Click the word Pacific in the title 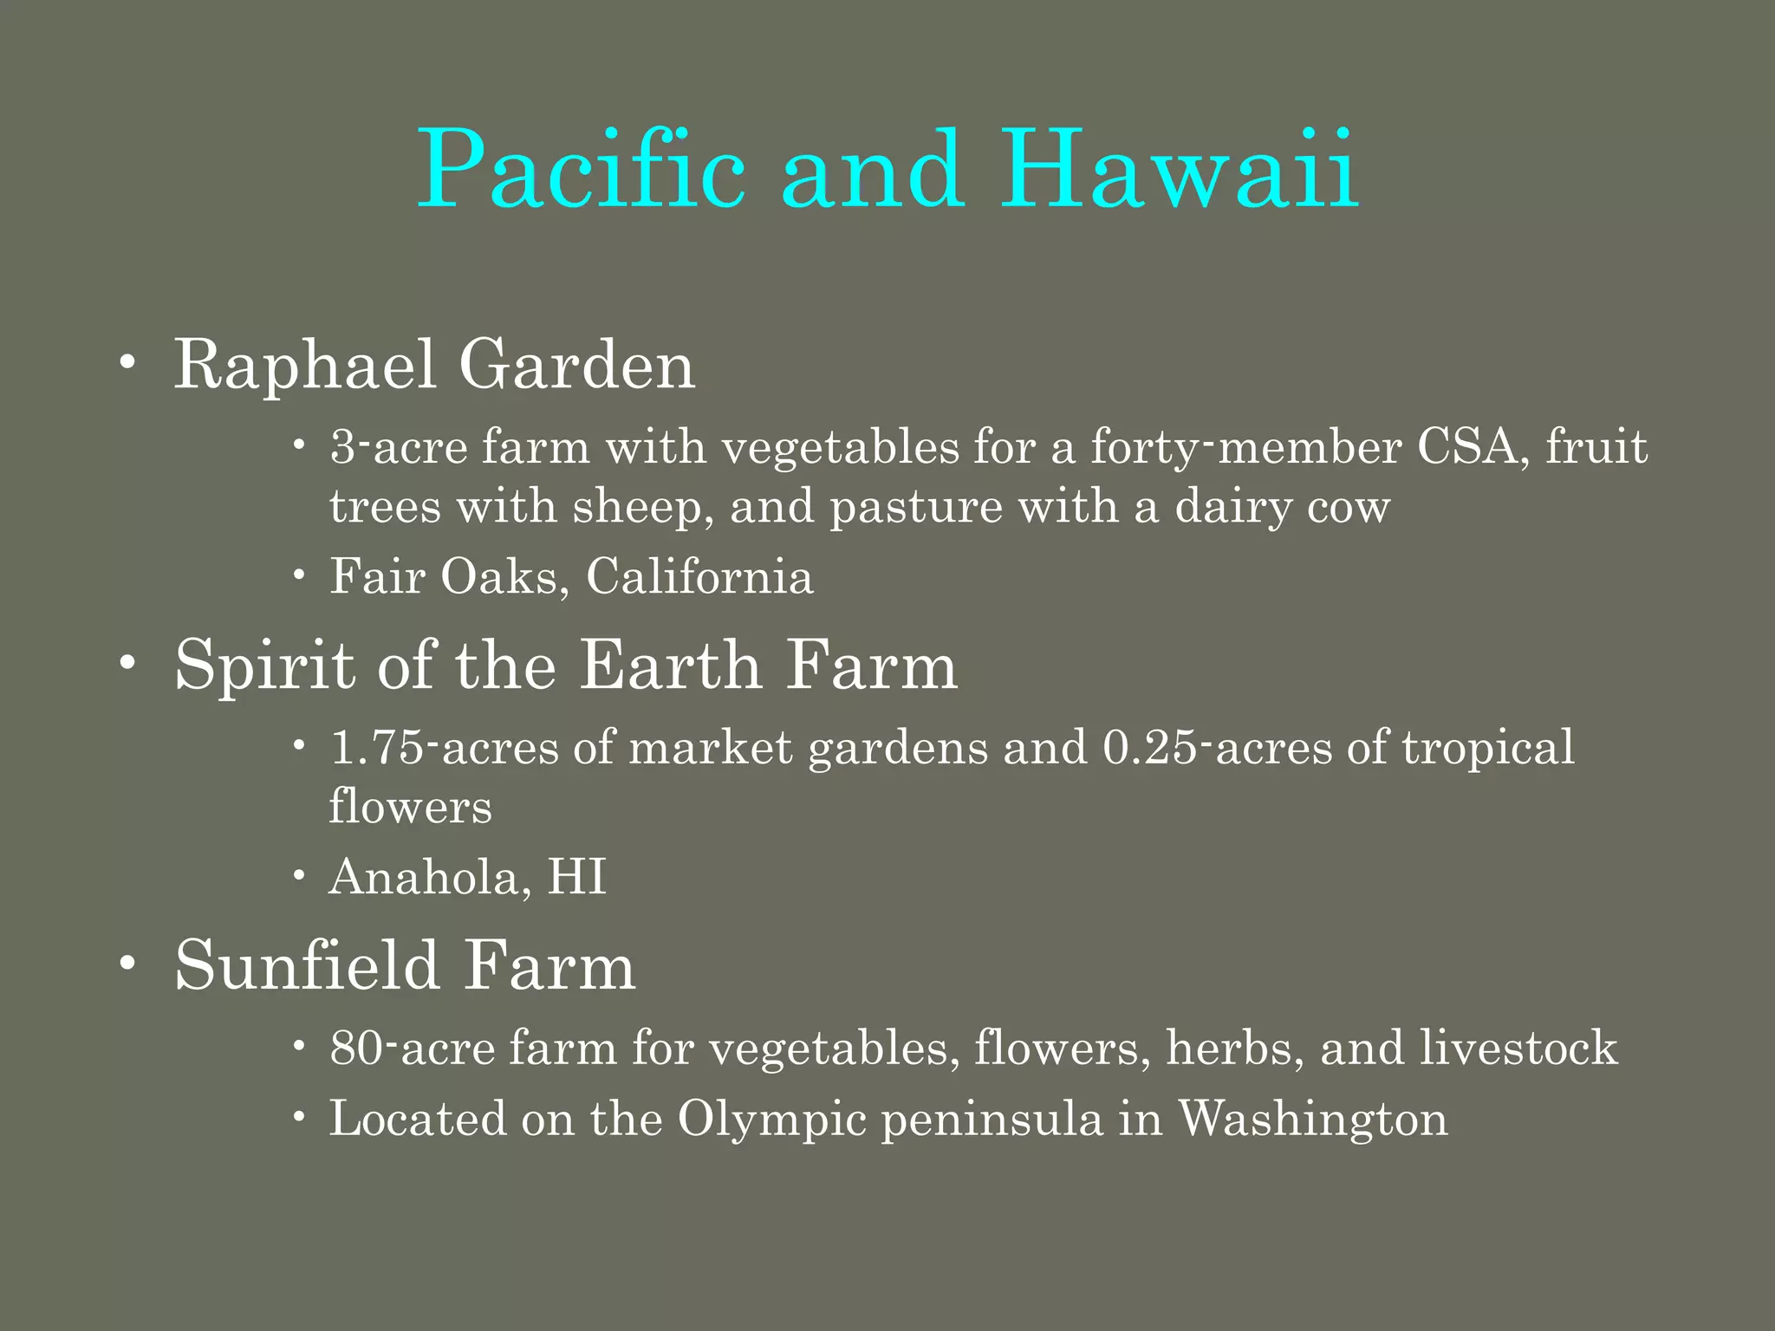click(581, 169)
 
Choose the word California click(699, 576)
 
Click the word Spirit click(265, 666)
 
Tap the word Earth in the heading click(670, 666)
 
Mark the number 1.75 click(378, 747)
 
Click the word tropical click(1487, 749)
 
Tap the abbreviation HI click(576, 877)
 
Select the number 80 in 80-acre click(355, 1049)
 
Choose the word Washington click(1312, 1120)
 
